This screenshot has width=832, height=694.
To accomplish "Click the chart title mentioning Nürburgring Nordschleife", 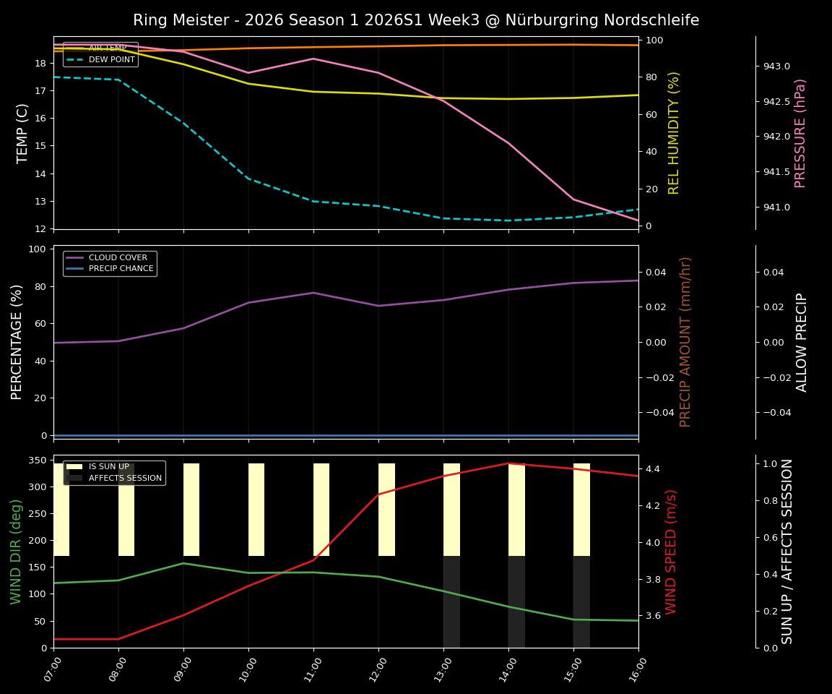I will pyautogui.click(x=416, y=20).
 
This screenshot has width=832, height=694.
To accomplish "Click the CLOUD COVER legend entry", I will pyautogui.click(x=118, y=257).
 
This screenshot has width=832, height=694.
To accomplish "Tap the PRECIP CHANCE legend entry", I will pyautogui.click(x=121, y=269).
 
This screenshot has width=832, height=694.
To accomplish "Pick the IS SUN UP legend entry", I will pyautogui.click(x=108, y=467).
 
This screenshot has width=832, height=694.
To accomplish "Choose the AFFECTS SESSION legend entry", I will pyautogui.click(x=123, y=478).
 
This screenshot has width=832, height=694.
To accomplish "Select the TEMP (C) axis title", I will pyautogui.click(x=23, y=133).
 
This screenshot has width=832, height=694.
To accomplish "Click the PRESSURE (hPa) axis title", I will pyautogui.click(x=800, y=133).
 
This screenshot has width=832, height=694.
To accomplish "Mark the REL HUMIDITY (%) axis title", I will pyautogui.click(x=675, y=133).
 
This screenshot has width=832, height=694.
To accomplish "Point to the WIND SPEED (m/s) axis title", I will pyautogui.click(x=672, y=551).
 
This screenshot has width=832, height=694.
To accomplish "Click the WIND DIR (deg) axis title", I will pyautogui.click(x=16, y=551).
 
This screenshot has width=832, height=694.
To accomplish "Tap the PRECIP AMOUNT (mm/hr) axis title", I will pyautogui.click(x=686, y=341).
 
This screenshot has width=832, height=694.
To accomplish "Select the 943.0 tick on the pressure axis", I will pyautogui.click(x=776, y=67).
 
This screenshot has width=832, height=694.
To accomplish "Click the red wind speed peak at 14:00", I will pyautogui.click(x=508, y=463).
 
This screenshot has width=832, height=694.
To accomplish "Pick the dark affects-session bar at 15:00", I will pyautogui.click(x=581, y=601).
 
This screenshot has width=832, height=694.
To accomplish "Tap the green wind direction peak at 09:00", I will pyautogui.click(x=183, y=563).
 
